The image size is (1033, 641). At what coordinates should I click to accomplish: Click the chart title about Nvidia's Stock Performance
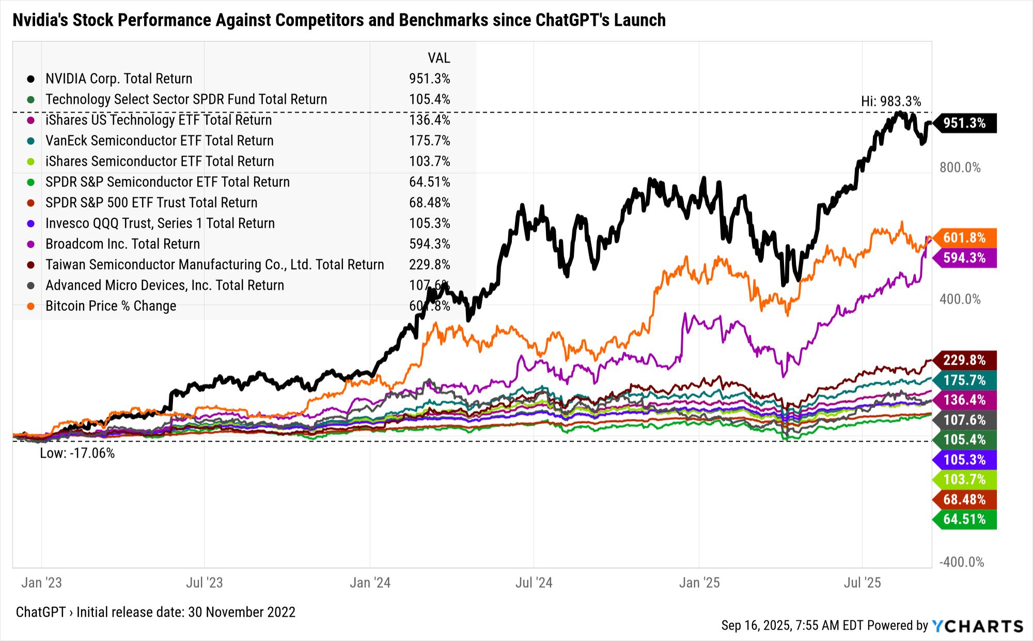tap(339, 20)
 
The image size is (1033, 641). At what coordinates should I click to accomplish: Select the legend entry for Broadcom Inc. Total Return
tap(122, 244)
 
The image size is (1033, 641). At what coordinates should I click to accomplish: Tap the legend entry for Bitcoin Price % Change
tap(111, 306)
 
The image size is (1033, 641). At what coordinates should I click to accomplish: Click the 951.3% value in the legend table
tap(429, 79)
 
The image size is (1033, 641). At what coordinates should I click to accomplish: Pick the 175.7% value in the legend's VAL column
tap(429, 140)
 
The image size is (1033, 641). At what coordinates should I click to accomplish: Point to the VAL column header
tap(439, 58)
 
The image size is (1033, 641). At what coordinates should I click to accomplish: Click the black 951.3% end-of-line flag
tap(965, 123)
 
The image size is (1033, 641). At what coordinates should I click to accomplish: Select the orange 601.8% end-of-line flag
tap(965, 238)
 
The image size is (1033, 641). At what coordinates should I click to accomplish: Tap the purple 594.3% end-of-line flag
tap(965, 258)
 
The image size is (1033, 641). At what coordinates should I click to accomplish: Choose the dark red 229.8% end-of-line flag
tap(965, 360)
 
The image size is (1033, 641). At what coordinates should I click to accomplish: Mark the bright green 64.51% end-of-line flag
tap(965, 519)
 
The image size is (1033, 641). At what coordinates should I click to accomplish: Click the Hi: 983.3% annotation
tap(890, 101)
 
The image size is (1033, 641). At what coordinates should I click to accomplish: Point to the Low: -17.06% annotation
tap(77, 453)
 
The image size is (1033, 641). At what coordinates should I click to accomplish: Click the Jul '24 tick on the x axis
tap(534, 583)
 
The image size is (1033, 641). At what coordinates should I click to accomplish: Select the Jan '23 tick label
tap(41, 583)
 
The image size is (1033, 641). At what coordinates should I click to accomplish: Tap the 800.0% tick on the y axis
tap(960, 167)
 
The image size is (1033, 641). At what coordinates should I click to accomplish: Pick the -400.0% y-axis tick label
tap(961, 562)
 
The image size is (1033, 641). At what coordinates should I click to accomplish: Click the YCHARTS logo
tap(978, 626)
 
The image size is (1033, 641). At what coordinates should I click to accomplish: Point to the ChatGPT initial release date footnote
tap(155, 612)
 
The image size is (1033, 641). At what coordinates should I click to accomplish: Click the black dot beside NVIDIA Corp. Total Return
tap(31, 79)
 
